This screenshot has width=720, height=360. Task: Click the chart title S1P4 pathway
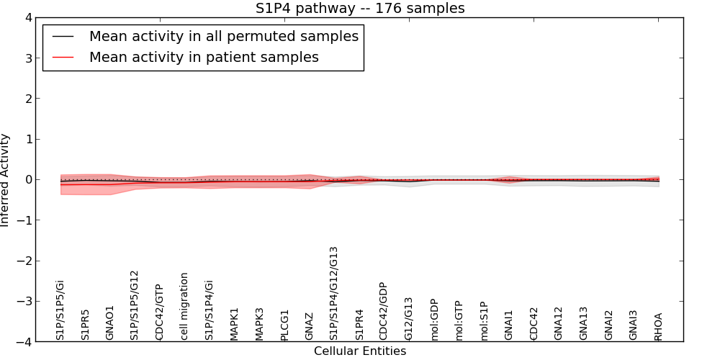[x=360, y=9]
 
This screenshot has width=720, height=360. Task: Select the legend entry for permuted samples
[x=223, y=36]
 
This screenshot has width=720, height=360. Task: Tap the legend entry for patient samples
[x=204, y=57]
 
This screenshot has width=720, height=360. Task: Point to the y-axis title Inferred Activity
[x=6, y=179]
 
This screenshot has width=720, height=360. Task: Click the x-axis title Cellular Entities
[x=360, y=351]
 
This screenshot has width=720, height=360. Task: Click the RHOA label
[x=658, y=326]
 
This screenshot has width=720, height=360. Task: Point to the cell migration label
[x=184, y=306]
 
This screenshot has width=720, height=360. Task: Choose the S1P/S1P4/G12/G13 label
[x=333, y=293]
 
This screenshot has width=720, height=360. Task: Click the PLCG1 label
[x=284, y=325]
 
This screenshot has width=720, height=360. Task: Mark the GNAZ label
[x=309, y=326]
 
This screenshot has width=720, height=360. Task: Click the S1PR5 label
[x=85, y=325]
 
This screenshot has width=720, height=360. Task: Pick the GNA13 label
[x=583, y=323]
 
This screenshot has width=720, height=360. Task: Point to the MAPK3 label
[x=259, y=324]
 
